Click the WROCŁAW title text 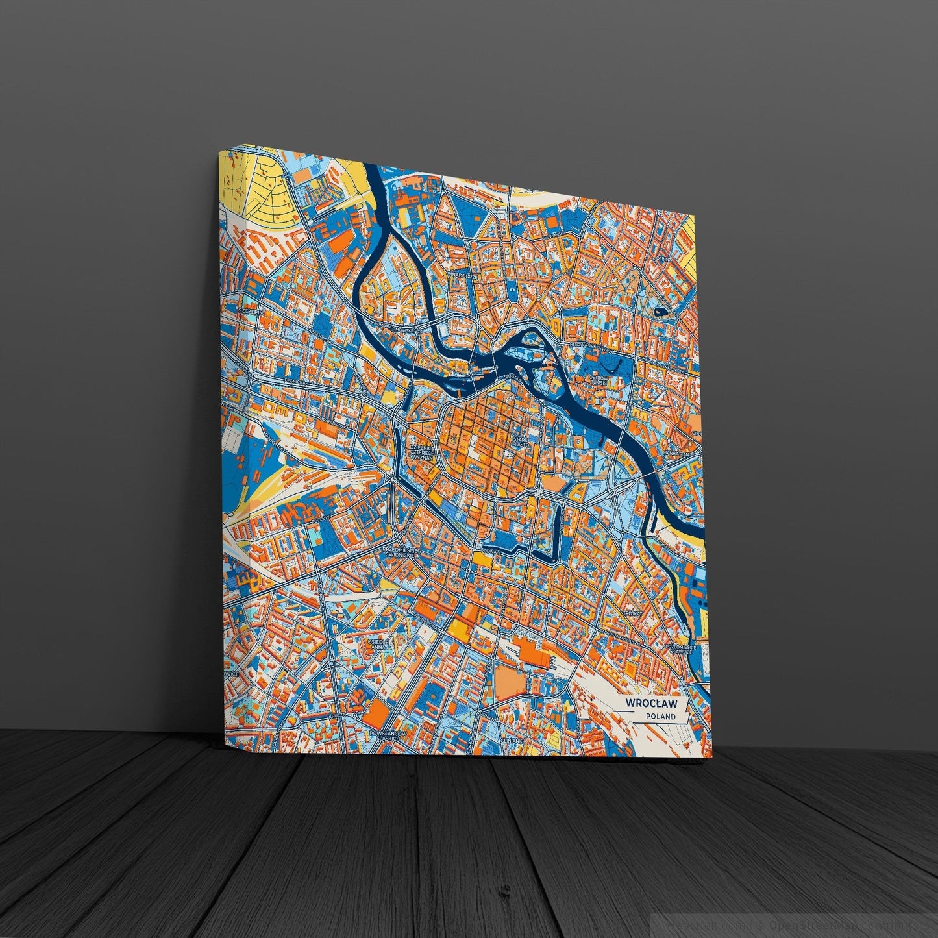click(x=651, y=703)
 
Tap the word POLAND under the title click(x=661, y=717)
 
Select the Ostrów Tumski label click(x=597, y=379)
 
